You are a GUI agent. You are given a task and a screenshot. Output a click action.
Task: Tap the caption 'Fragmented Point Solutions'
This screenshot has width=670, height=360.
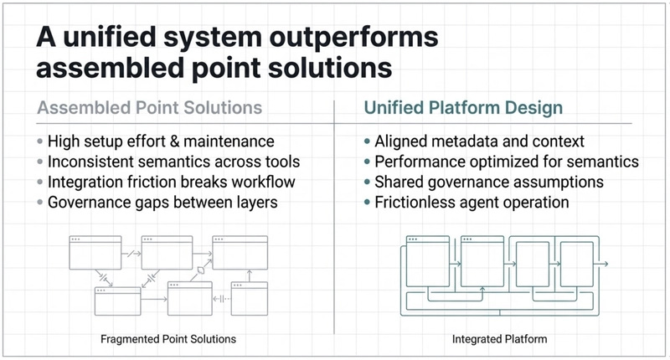click(168, 339)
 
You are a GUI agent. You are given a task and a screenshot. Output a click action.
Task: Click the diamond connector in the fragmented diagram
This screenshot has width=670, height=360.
click(199, 272)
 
